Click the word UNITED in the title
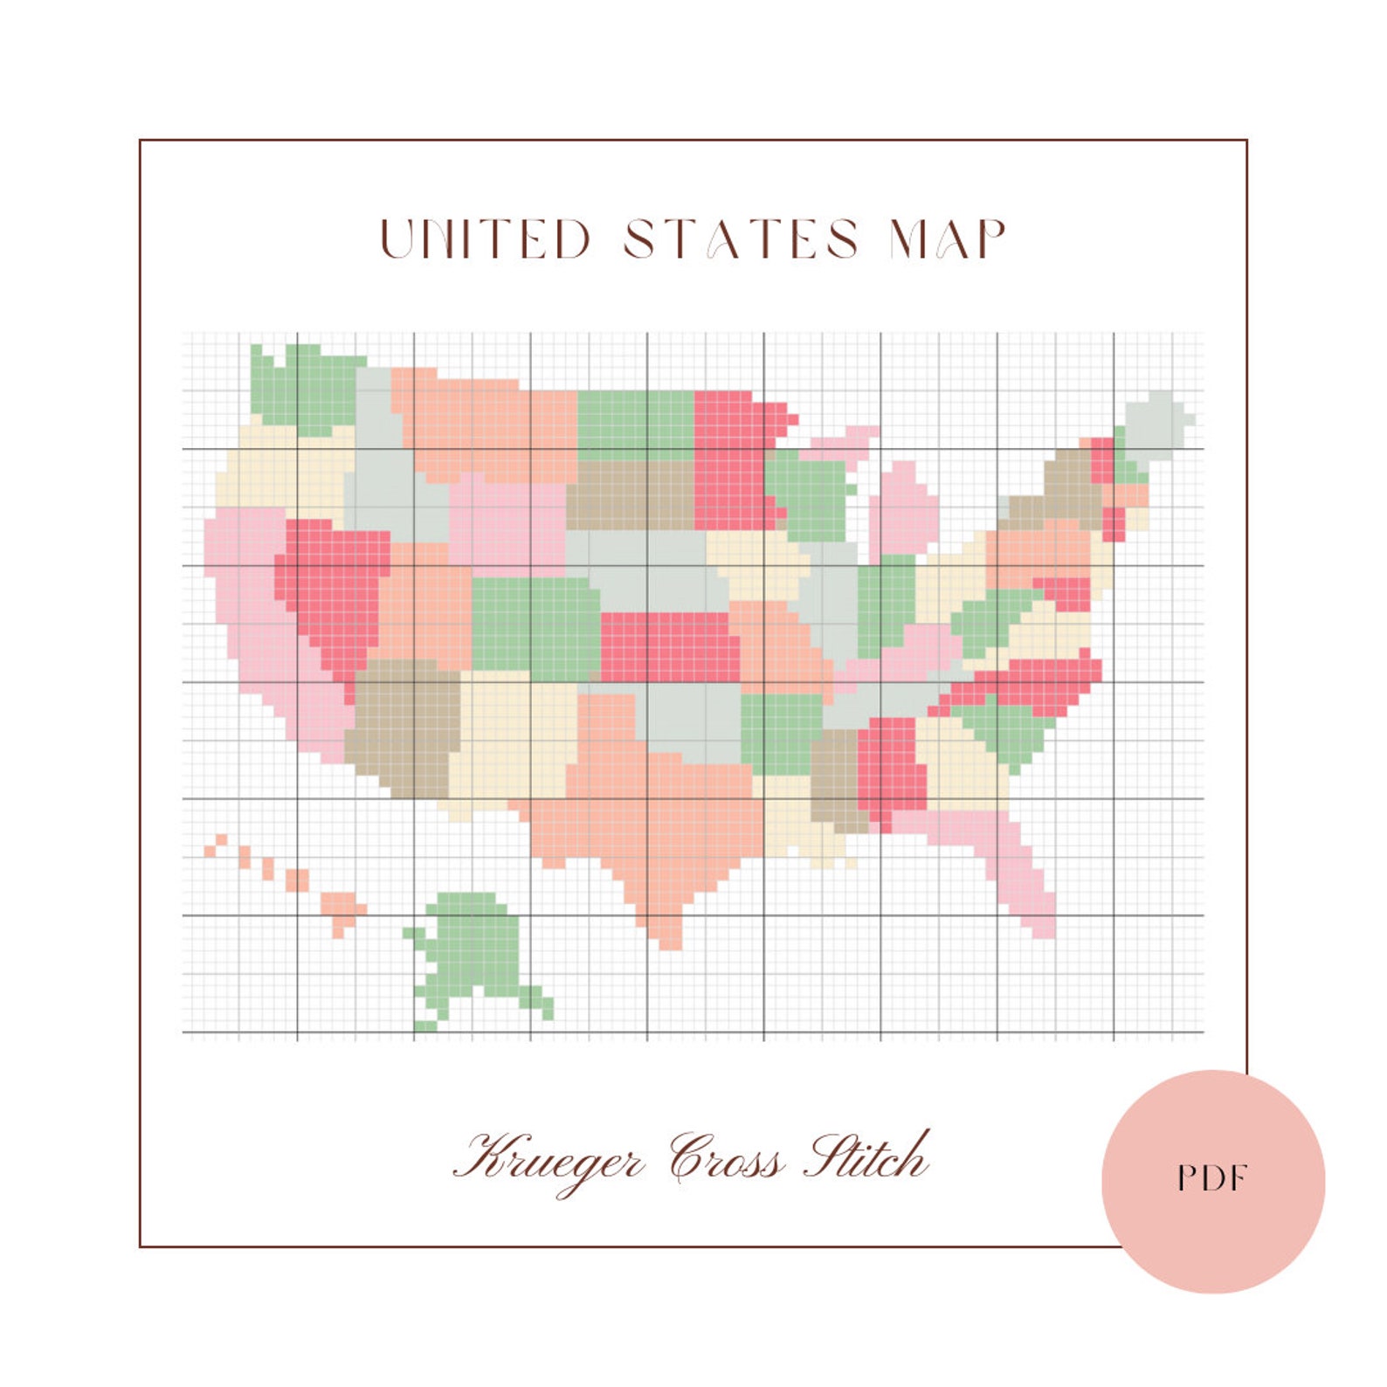tap(486, 239)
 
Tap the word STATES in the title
tap(742, 239)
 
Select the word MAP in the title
tap(948, 239)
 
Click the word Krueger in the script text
tap(549, 1159)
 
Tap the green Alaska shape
tap(472, 952)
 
